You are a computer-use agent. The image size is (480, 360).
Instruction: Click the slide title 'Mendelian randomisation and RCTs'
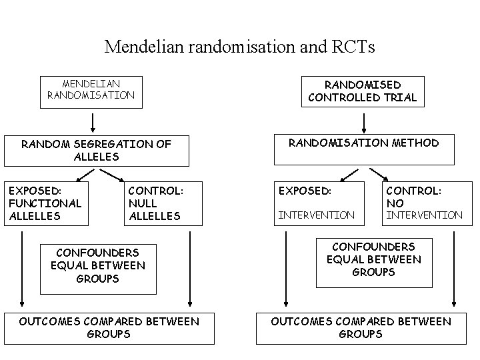pos(240,47)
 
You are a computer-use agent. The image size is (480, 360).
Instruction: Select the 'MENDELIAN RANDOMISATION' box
pos(91,90)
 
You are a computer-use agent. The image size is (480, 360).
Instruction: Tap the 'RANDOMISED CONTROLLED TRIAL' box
pos(363,91)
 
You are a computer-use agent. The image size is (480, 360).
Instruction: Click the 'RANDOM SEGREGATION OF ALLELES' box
pos(96,151)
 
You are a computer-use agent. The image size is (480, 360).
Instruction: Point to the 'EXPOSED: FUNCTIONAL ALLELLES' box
pos(43,203)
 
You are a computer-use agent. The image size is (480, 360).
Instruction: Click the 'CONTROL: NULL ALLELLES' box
pos(163,203)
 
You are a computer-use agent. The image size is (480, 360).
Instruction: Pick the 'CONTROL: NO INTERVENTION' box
pos(424,203)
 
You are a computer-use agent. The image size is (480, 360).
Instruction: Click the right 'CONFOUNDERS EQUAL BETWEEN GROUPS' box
pos(373,260)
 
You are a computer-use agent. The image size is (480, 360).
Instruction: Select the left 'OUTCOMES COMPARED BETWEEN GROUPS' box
pos(109,328)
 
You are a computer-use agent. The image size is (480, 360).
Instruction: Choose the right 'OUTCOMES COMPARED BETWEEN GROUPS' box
pos(361,328)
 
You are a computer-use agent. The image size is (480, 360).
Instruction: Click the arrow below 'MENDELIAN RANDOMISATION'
pos(93,121)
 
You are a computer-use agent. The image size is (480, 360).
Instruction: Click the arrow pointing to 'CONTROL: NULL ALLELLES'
pos(111,175)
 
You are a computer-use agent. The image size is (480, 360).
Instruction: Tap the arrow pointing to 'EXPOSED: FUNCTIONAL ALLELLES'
pos(78,175)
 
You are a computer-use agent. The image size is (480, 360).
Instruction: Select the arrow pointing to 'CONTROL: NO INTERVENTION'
pos(383,175)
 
